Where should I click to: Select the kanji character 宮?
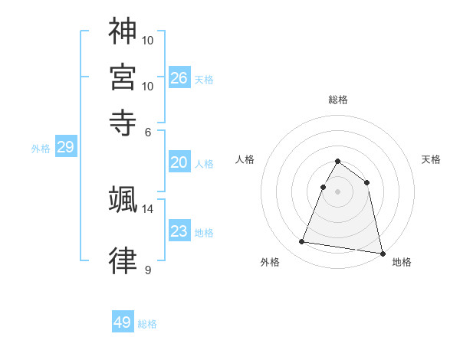pos(123,77)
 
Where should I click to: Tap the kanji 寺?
pos(123,122)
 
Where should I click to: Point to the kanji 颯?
pos(123,199)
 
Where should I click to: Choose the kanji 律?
pos(123,262)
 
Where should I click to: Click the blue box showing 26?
pos(179,78)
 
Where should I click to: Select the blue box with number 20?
pos(179,162)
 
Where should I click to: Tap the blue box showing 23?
pos(179,231)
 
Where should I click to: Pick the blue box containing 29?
pos(65,148)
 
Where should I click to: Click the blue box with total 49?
pos(123,322)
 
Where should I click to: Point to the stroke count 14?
pos(149,208)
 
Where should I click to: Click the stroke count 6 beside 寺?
pos(149,131)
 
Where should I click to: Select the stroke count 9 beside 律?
pos(148,270)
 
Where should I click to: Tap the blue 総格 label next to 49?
pos(147,324)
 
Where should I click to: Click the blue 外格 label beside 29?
pos(41,149)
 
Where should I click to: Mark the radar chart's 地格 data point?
pos(381,252)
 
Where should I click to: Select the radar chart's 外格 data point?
pos(302,242)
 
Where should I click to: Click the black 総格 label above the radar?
pos(337,100)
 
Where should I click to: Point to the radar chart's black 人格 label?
pos(245,159)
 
